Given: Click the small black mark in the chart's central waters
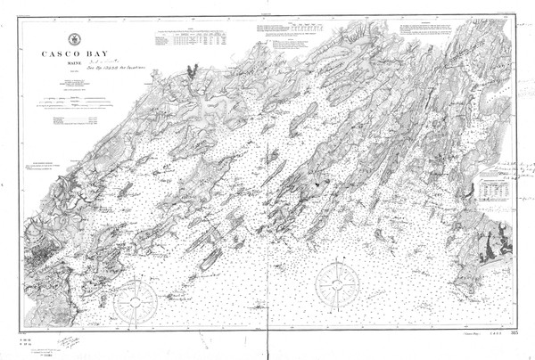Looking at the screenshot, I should pyautogui.click(x=316, y=182).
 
